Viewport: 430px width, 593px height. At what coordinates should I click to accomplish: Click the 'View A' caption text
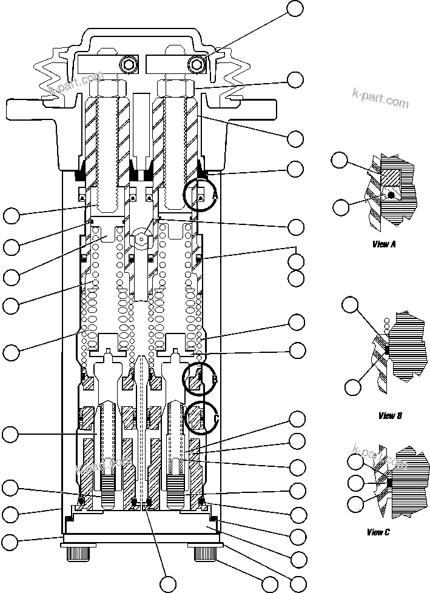pos(384,244)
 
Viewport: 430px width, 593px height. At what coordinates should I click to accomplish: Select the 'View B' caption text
pos(390,415)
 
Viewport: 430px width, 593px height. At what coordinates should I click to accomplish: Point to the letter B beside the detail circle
pos(214,380)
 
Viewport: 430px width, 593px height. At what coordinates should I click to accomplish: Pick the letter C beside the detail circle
pos(215,418)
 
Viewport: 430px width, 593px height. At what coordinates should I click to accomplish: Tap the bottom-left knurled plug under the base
pos(76,554)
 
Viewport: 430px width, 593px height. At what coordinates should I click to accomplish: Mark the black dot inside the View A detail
pos(392,195)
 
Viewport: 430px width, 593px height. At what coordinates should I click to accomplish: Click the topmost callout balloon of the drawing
pos(295,8)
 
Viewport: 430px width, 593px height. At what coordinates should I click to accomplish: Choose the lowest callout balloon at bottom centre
pos(168,584)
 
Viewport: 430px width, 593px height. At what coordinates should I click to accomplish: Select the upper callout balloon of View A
pos(340,161)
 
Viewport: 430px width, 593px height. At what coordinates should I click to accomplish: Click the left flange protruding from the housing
pos(27,110)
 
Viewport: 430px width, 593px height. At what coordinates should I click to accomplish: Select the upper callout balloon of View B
pos(351,305)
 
